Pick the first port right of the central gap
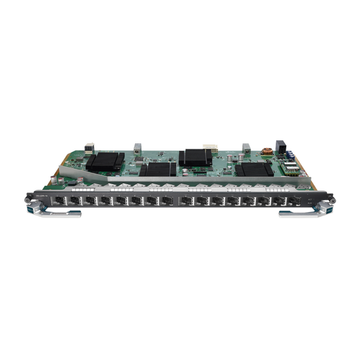pos(183,202)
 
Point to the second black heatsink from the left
pos(159,170)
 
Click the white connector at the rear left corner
pos(88,145)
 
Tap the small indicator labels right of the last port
pos(307,201)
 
